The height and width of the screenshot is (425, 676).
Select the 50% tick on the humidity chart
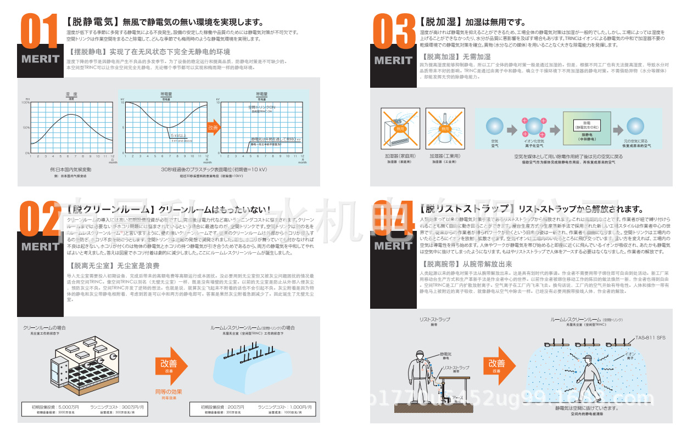point(26,127)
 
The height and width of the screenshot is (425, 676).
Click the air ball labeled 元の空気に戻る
point(636,126)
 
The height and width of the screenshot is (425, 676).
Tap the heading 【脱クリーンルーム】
point(111,210)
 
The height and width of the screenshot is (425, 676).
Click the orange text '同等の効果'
point(168,392)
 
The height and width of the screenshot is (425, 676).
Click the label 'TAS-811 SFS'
point(650,338)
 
